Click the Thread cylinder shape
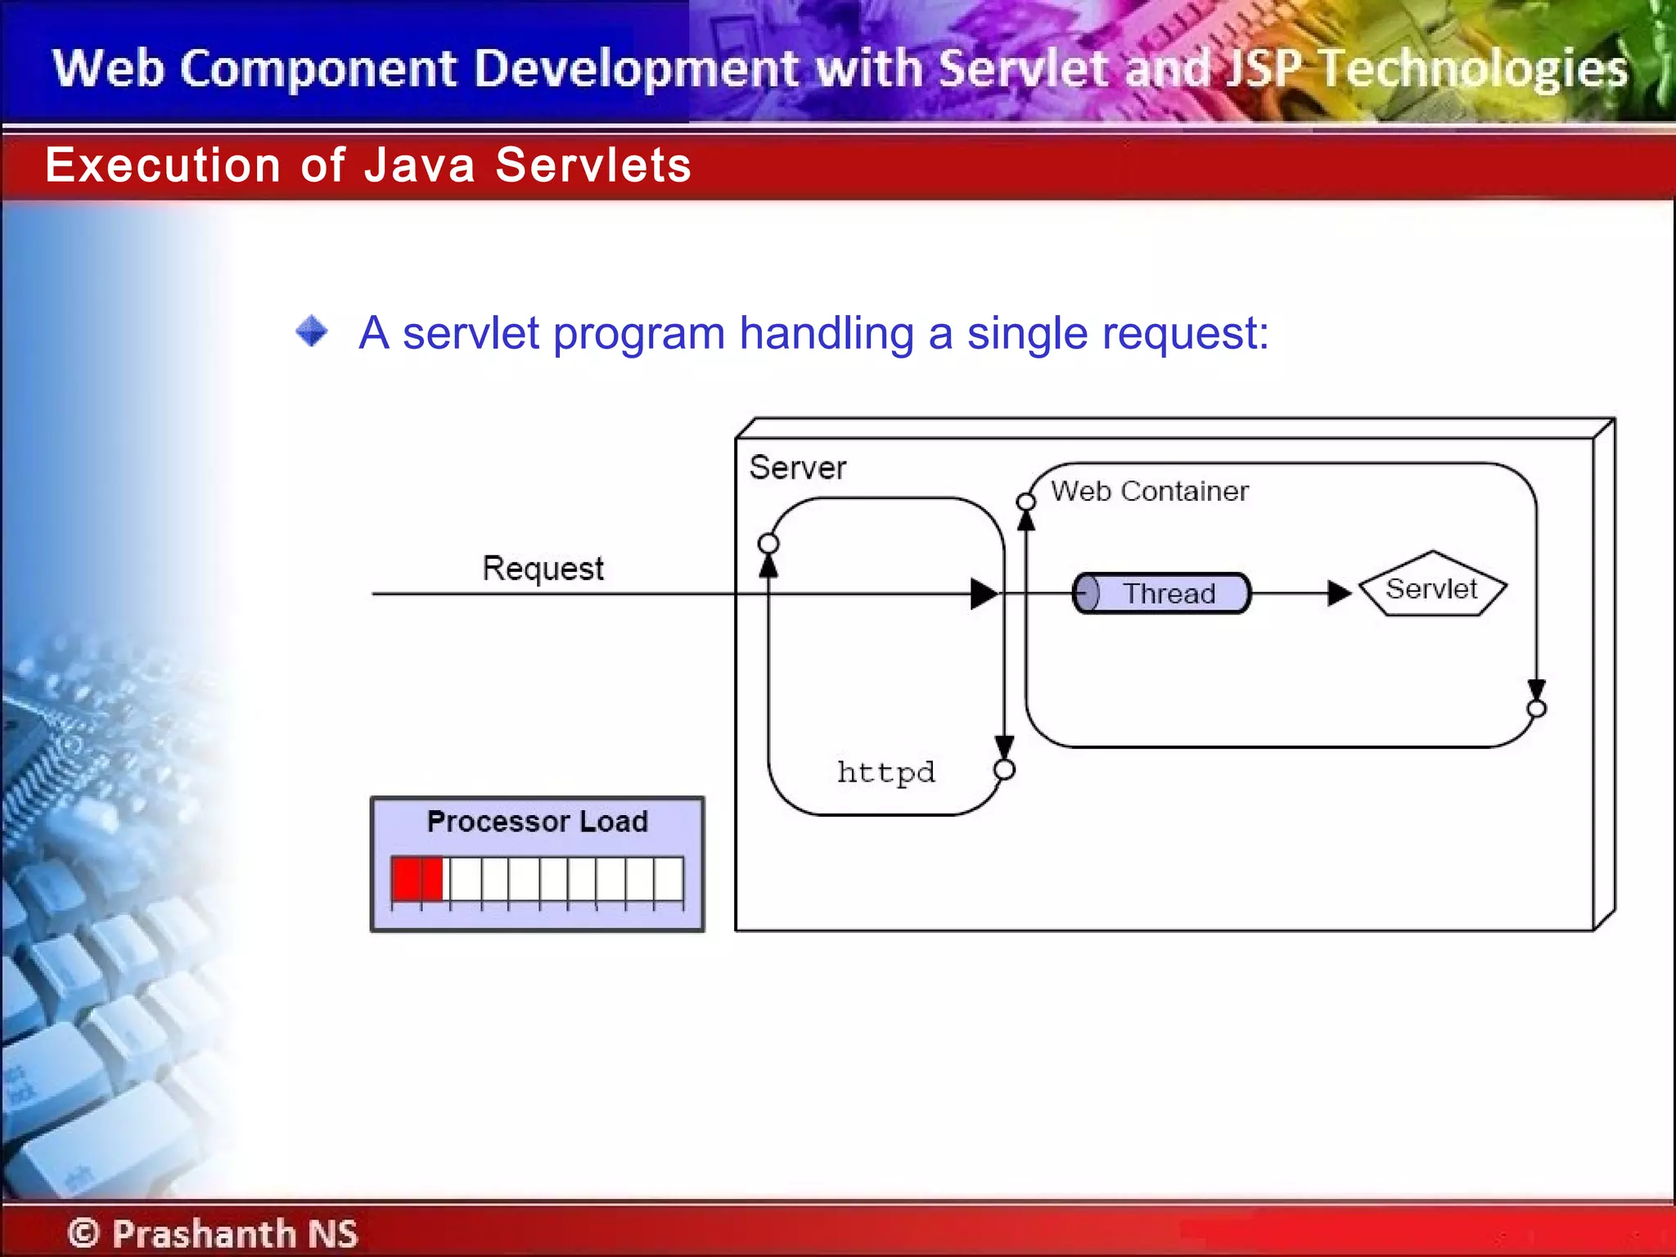(x=1162, y=593)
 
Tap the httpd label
(x=885, y=772)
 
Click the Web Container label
(x=1149, y=491)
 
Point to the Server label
(x=797, y=467)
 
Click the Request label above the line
(x=543, y=567)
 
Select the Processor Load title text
(x=537, y=821)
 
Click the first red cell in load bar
(x=406, y=879)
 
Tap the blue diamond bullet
(x=311, y=331)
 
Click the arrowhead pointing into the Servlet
(x=1339, y=593)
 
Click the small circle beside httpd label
(x=1004, y=769)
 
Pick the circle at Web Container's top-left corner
(x=1025, y=501)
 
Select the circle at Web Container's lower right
(x=1536, y=709)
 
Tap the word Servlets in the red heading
(x=592, y=165)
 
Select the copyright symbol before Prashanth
(x=83, y=1232)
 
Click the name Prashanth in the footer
(x=203, y=1232)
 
